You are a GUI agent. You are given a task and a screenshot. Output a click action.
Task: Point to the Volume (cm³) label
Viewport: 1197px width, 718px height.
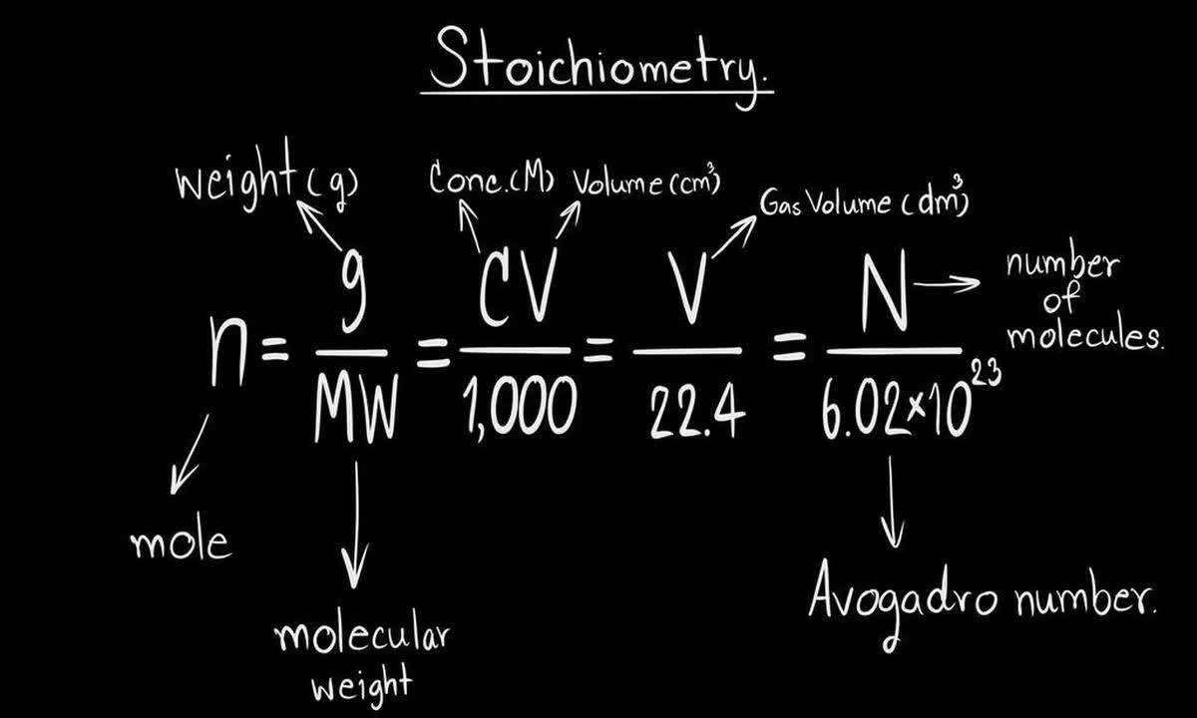pyautogui.click(x=645, y=184)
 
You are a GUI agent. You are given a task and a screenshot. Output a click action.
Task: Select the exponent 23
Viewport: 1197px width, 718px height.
pyautogui.click(x=982, y=368)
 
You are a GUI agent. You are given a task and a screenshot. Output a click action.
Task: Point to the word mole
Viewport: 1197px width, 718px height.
pyautogui.click(x=181, y=542)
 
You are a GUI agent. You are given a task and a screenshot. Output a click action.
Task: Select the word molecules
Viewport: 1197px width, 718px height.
pyautogui.click(x=1083, y=336)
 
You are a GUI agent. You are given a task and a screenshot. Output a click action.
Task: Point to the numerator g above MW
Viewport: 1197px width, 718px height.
pyautogui.click(x=351, y=299)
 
